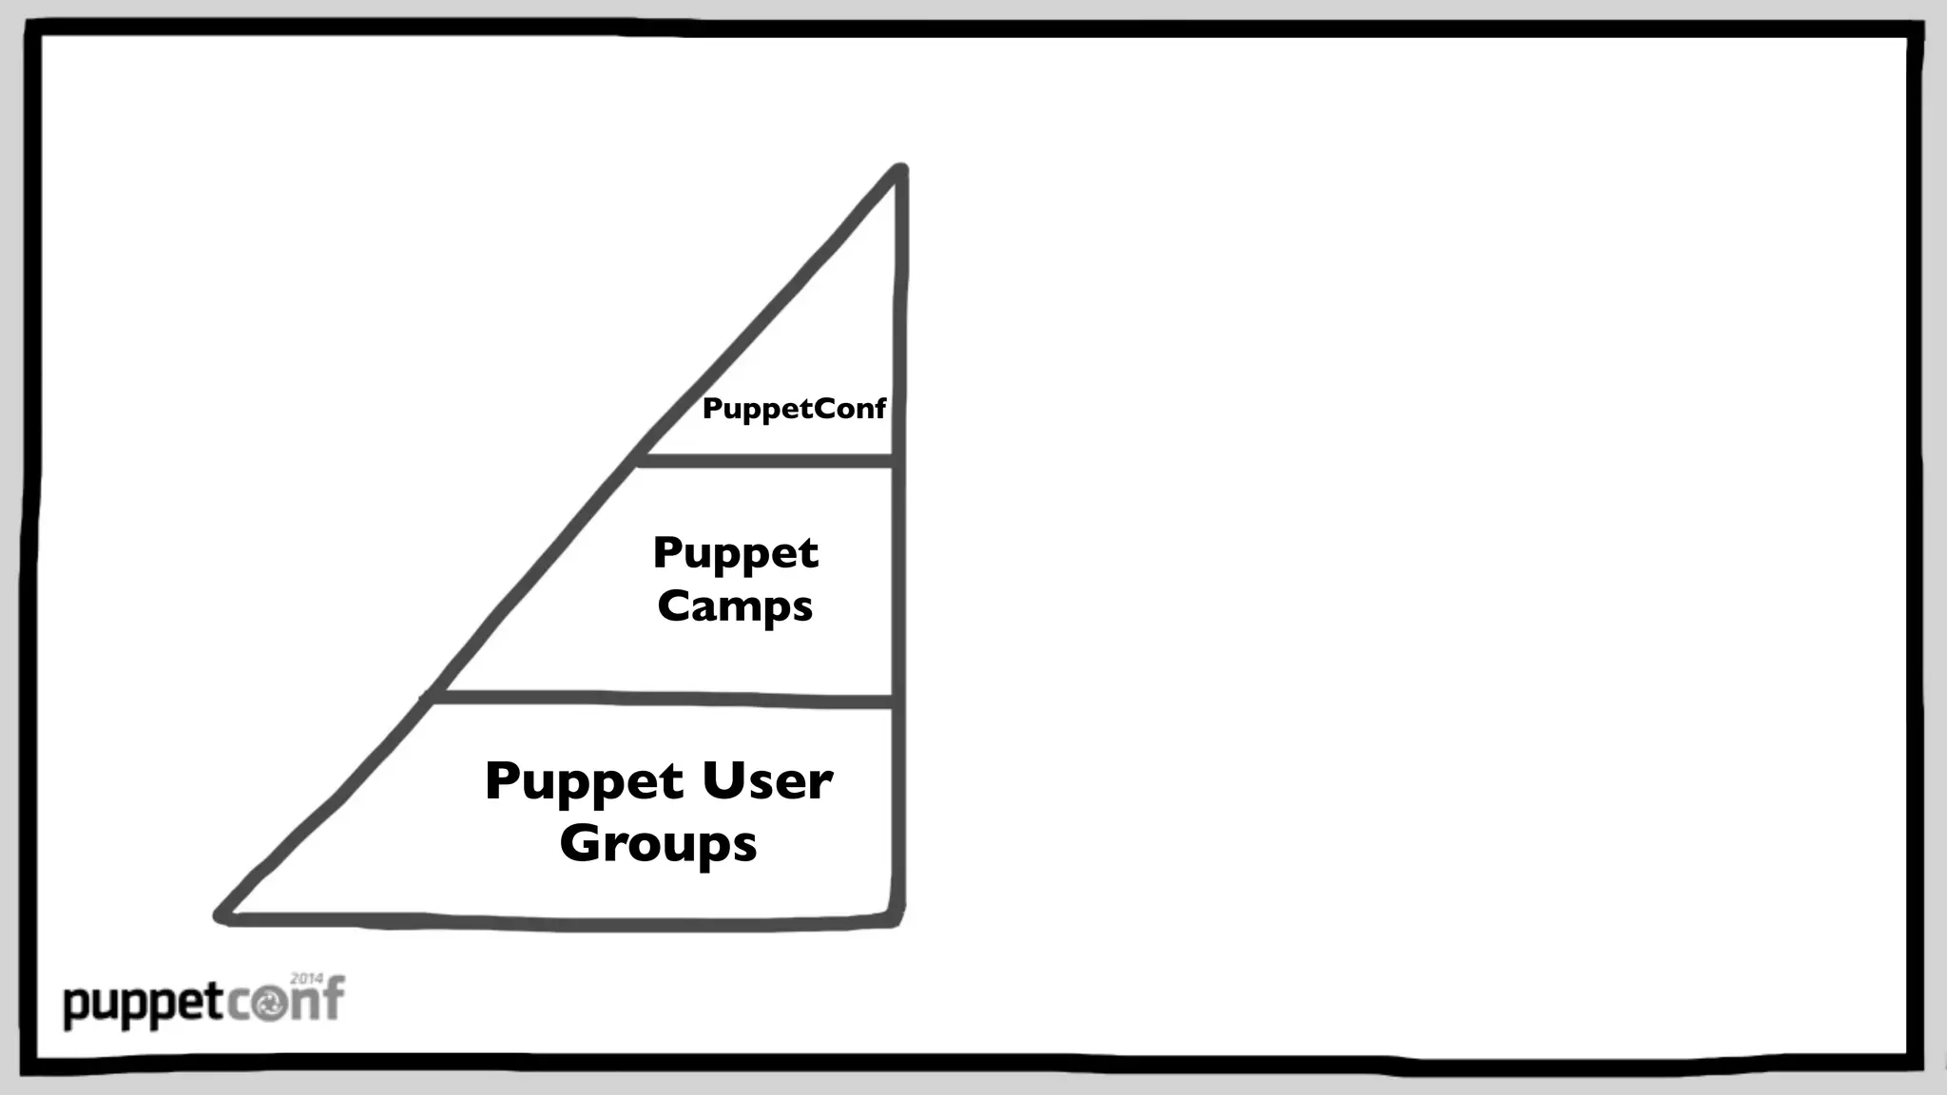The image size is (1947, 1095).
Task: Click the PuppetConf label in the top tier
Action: tap(794, 410)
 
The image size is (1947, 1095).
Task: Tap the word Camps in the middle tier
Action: tap(735, 606)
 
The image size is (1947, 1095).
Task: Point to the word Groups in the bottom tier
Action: tap(658, 844)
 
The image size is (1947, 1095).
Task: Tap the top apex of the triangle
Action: tap(899, 171)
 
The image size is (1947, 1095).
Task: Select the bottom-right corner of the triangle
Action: tap(897, 920)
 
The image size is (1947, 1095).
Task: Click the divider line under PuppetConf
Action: tap(765, 461)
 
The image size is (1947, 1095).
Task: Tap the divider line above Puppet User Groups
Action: tap(661, 699)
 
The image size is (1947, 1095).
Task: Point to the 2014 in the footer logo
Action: tap(307, 978)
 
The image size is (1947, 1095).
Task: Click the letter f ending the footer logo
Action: tap(332, 998)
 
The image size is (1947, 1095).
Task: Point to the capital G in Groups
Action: tap(579, 842)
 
